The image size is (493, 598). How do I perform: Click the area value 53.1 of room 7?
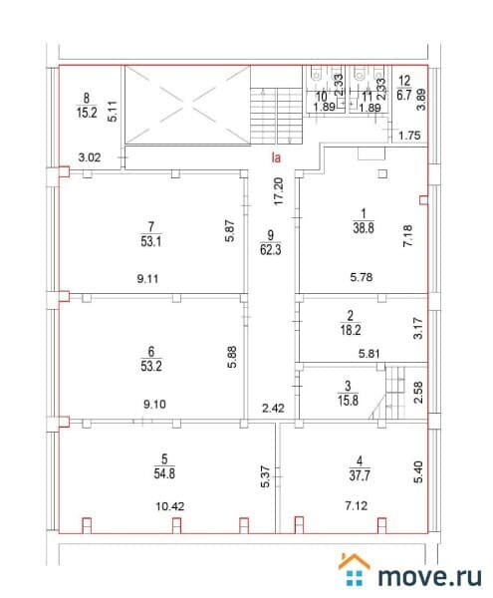[150, 241]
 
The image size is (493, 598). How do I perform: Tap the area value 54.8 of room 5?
[164, 473]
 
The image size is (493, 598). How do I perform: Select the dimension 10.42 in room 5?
[170, 506]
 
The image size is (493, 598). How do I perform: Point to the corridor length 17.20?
[279, 191]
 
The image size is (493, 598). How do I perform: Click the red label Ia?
[276, 157]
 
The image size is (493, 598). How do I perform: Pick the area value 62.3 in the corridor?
[270, 250]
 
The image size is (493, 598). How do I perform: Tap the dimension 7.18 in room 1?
[407, 235]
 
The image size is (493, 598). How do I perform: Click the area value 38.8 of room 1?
[364, 228]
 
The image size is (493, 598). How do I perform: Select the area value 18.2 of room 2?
[351, 330]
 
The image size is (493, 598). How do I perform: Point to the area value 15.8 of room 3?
[348, 401]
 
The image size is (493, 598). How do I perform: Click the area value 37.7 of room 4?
[360, 475]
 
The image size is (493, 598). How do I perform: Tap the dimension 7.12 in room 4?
[357, 505]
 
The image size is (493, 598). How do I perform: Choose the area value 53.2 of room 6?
[151, 366]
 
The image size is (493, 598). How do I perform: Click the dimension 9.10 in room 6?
[154, 405]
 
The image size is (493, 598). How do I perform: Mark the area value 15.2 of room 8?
[87, 113]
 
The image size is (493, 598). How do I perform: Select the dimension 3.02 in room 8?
[90, 157]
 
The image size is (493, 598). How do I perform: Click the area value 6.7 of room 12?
[403, 95]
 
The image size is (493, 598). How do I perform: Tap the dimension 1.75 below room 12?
[409, 136]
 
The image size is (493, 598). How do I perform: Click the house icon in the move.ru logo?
[354, 569]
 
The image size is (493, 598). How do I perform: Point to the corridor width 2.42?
[273, 409]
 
